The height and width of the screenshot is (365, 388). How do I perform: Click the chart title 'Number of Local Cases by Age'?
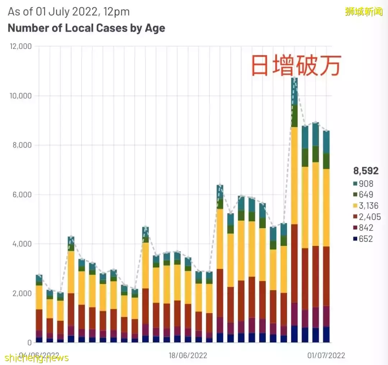(x=86, y=28)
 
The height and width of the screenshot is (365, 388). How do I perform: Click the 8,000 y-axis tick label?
(x=21, y=145)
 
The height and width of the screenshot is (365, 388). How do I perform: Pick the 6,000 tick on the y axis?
(x=21, y=194)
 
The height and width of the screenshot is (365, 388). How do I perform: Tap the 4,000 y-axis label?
(x=21, y=244)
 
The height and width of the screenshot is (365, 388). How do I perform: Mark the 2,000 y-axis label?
(x=21, y=293)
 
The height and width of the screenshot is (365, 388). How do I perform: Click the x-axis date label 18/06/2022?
(x=188, y=356)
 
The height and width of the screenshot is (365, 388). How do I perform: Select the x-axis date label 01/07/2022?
(x=326, y=356)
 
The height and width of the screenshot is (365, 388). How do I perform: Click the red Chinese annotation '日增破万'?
(x=296, y=66)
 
